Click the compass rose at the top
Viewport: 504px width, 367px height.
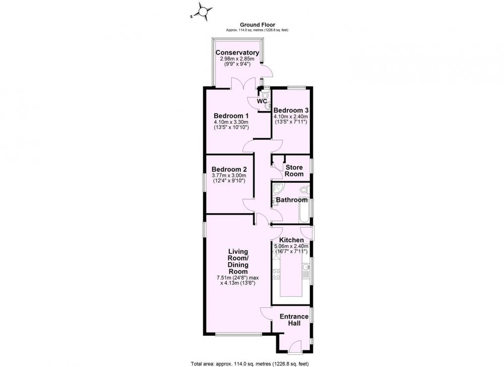[x=203, y=12]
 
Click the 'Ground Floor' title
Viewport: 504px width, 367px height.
[x=258, y=25]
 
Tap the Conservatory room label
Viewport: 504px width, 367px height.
[x=237, y=53]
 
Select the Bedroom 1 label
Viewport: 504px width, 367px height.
[x=231, y=116]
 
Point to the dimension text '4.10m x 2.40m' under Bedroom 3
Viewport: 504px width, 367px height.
[x=291, y=117]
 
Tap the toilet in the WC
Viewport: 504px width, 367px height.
[x=265, y=94]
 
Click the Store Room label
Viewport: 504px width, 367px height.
[x=294, y=171]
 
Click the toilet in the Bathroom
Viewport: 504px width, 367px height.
[x=304, y=190]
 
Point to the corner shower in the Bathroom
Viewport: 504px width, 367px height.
[x=278, y=188]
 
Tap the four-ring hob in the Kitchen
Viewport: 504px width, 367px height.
[x=276, y=274]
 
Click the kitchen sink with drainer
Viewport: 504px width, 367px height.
[x=305, y=271]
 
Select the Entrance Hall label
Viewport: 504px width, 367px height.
[x=294, y=320]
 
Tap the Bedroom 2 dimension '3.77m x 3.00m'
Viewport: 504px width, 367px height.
[x=229, y=176]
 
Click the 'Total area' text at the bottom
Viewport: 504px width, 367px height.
[x=250, y=364]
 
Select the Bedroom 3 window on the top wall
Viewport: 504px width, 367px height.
[x=296, y=87]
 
